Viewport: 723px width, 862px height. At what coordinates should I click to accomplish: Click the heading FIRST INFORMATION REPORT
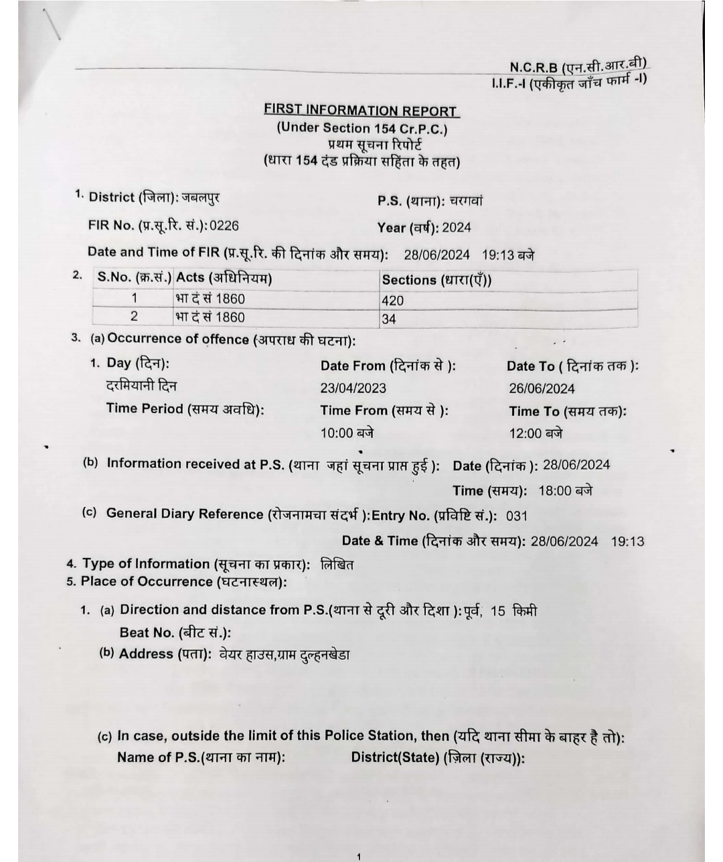361,111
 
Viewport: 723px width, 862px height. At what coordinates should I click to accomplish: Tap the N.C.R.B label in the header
534,67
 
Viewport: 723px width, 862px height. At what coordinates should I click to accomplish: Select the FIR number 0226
224,226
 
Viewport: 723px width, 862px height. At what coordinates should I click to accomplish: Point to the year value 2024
457,228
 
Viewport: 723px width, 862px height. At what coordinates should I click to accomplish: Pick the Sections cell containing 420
393,301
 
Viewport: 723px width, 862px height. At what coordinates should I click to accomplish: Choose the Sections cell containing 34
389,319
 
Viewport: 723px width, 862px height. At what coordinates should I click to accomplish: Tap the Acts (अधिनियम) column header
224,278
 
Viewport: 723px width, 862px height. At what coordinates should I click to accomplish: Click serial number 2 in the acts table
134,317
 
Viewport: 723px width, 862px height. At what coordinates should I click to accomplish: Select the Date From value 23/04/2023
353,388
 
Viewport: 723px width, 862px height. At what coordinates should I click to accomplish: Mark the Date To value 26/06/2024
542,389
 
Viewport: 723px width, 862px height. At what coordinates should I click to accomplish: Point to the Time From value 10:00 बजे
347,433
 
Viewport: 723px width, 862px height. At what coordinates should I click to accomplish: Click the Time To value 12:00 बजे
536,433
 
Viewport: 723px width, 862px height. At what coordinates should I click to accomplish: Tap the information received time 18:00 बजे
565,491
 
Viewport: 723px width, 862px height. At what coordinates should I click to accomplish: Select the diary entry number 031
517,516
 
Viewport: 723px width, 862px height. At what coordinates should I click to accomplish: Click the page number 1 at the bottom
359,856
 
